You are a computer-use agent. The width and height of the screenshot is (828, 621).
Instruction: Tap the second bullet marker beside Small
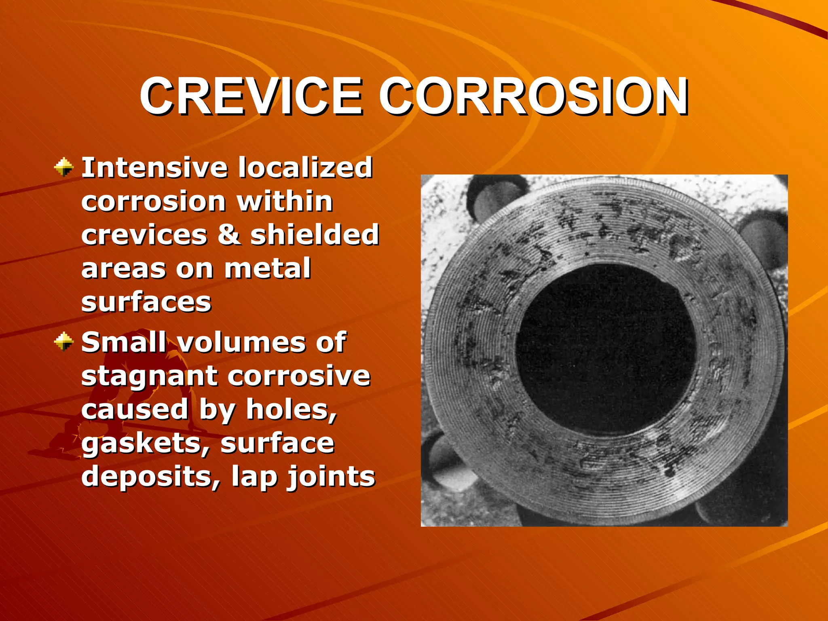click(64, 342)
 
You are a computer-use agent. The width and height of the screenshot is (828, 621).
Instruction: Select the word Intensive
click(154, 167)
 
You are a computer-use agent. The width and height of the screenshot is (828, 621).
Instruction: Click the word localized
click(305, 167)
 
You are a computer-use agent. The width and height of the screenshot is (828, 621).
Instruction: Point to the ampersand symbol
click(229, 235)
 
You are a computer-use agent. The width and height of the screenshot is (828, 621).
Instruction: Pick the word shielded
click(315, 235)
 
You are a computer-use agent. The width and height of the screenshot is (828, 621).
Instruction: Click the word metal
click(267, 268)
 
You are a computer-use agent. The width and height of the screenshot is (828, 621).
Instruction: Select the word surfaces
click(146, 302)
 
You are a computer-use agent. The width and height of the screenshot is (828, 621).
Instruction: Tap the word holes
click(291, 410)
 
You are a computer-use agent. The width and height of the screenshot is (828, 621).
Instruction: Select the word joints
click(331, 477)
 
